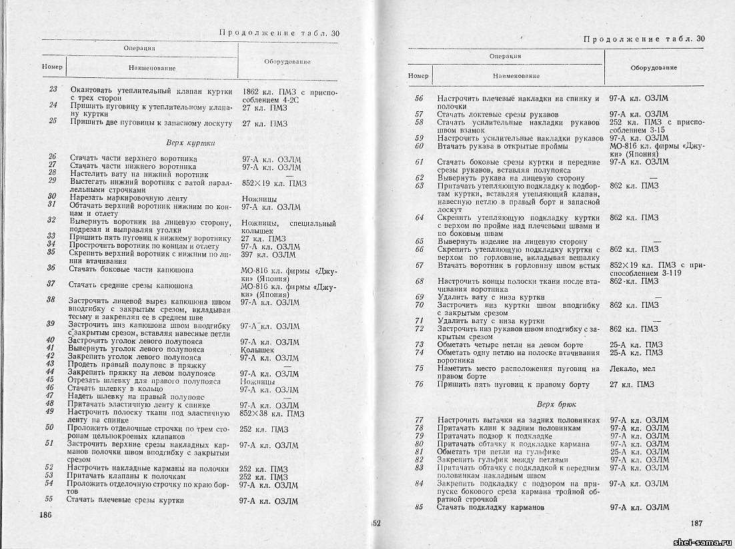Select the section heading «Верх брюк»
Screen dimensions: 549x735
pyautogui.click(x=556, y=404)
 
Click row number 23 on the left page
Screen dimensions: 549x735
pyautogui.click(x=53, y=90)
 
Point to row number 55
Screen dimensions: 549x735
pyautogui.click(x=49, y=498)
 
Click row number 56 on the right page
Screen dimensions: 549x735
pyautogui.click(x=419, y=99)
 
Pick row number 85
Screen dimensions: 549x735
pyautogui.click(x=419, y=508)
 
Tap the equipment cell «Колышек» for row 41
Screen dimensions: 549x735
pyautogui.click(x=257, y=349)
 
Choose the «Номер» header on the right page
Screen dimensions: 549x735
pyautogui.click(x=418, y=76)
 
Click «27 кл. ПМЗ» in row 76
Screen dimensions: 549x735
pyautogui.click(x=632, y=384)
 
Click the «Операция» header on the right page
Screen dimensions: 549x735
pyautogui.click(x=505, y=57)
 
